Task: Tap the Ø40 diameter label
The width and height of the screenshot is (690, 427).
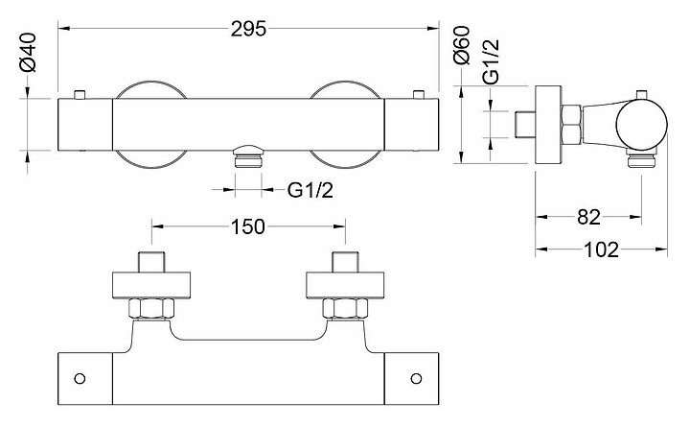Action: pyautogui.click(x=28, y=56)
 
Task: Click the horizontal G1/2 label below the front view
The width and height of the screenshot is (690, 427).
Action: pyautogui.click(x=310, y=189)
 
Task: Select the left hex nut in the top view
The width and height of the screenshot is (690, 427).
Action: pyautogui.click(x=152, y=309)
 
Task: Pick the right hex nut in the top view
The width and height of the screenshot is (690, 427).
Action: pyautogui.click(x=343, y=309)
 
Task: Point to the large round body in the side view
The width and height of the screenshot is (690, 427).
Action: pyautogui.click(x=640, y=125)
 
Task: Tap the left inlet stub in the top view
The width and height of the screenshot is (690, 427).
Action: pyautogui.click(x=152, y=262)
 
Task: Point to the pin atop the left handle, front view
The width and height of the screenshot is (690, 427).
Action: pyautogui.click(x=80, y=94)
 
